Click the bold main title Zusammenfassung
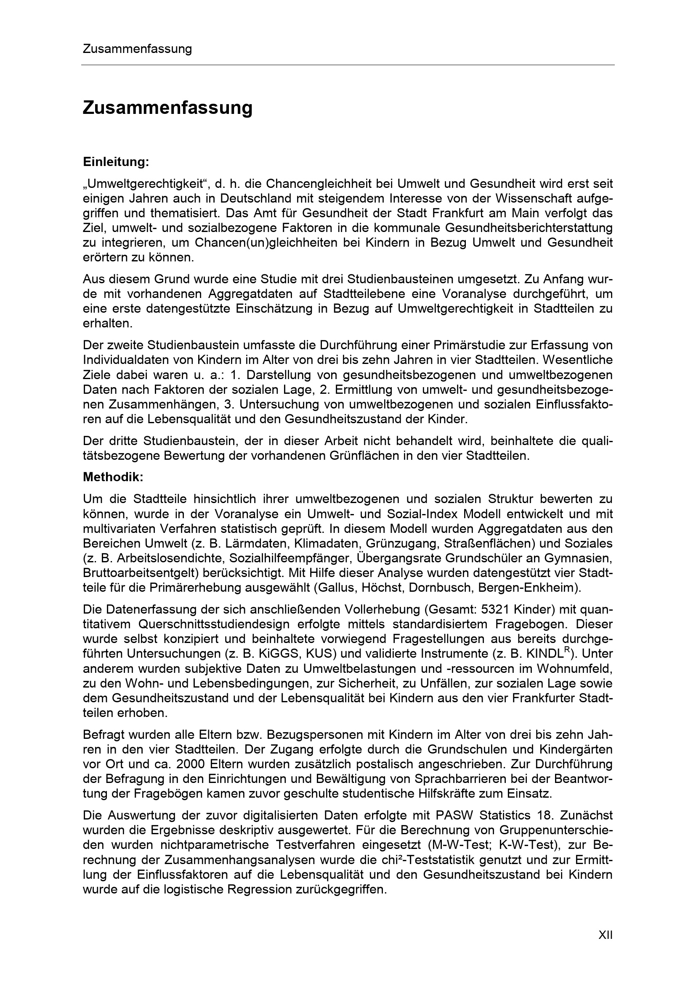point(167,108)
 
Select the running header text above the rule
point(137,49)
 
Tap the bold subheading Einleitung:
point(116,162)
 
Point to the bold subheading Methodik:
point(113,477)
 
